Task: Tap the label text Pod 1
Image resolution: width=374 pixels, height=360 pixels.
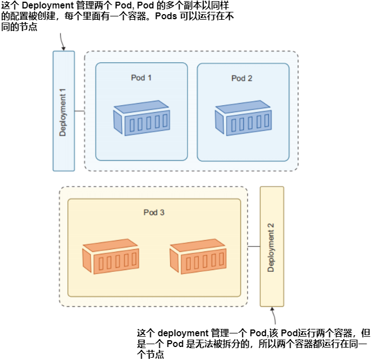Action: point(141,77)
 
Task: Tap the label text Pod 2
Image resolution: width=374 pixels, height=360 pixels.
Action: point(242,78)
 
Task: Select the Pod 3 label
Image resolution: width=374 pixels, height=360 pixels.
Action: point(153,212)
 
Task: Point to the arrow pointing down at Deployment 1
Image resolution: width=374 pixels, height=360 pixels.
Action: point(62,41)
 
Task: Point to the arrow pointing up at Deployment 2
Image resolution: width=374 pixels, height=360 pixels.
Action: point(274,316)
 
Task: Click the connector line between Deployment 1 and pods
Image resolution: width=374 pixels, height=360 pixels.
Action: point(80,111)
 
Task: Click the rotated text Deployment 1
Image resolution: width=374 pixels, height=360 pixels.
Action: point(63,111)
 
